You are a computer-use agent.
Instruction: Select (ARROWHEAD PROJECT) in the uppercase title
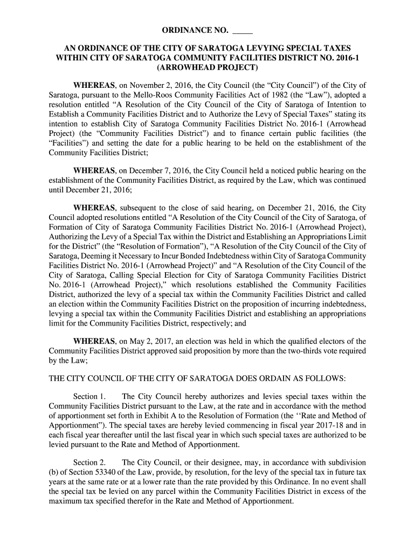coord(207,68)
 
